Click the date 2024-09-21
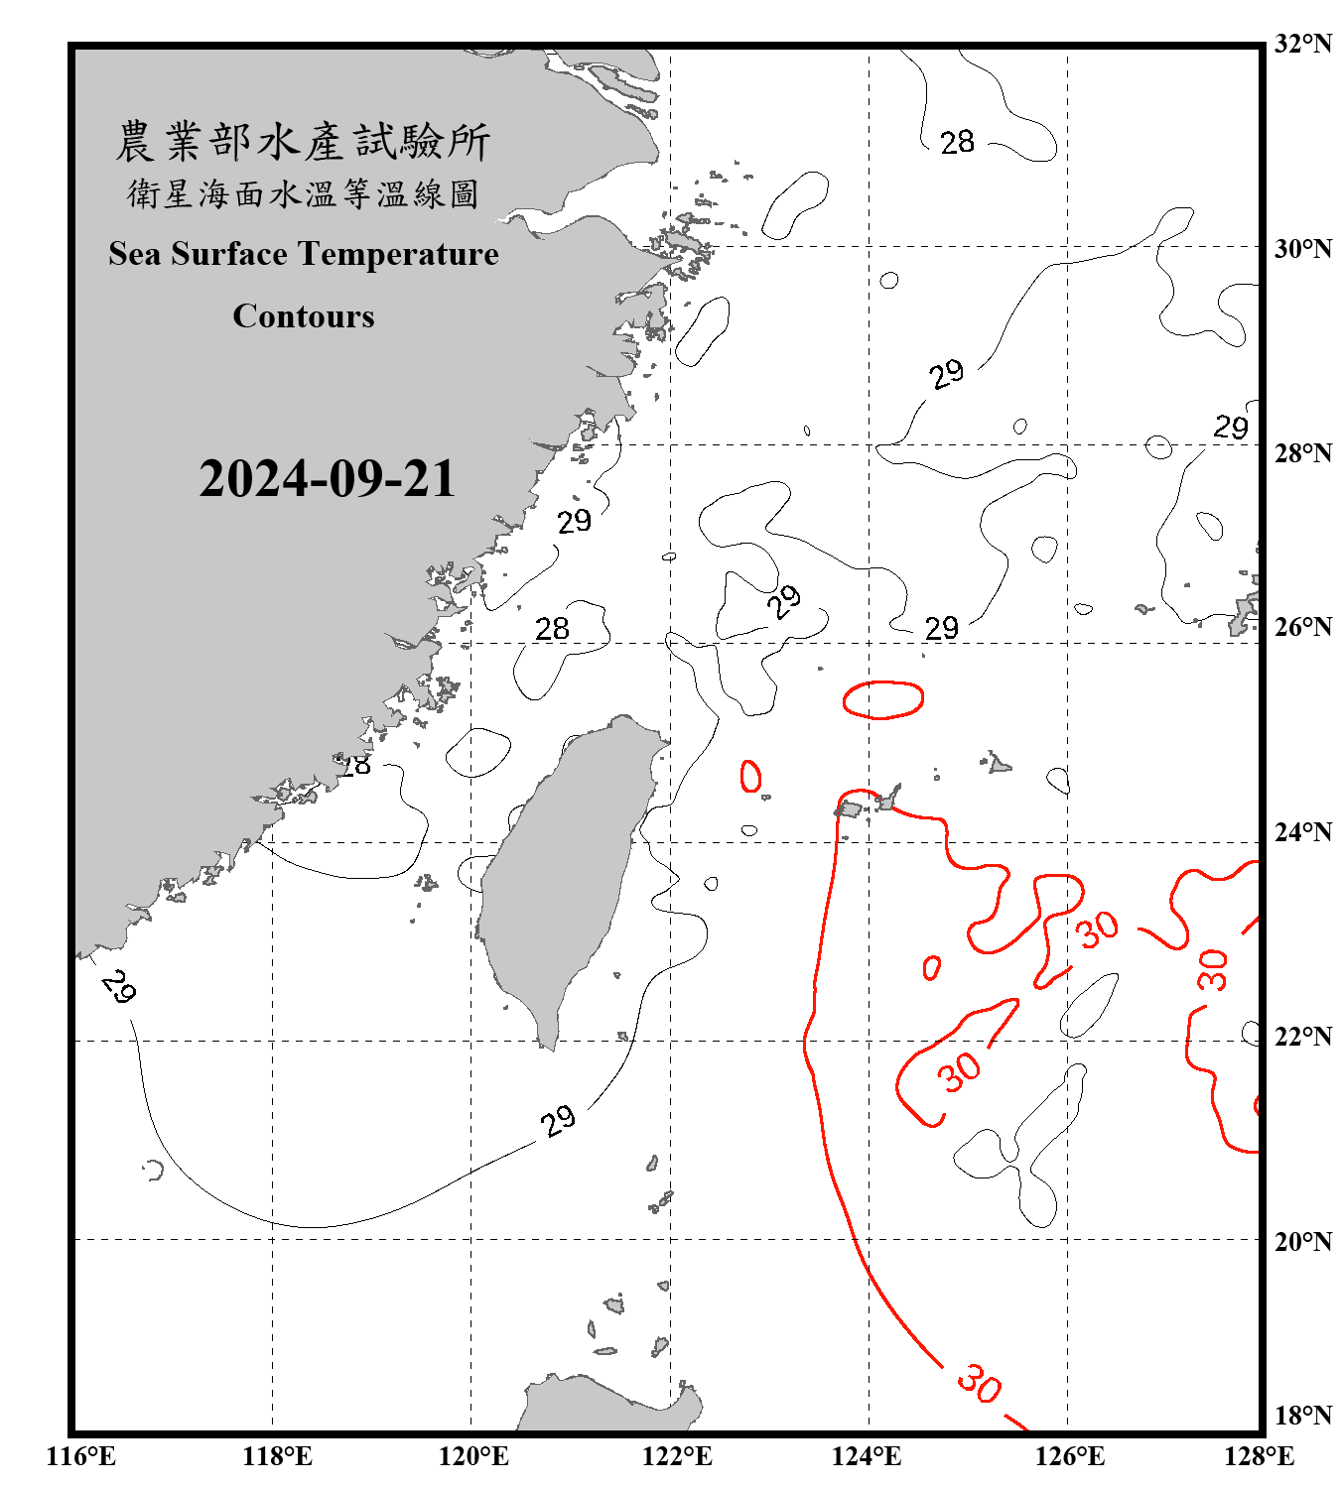point(327,479)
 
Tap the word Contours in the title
point(304,316)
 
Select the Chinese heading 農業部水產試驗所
point(303,142)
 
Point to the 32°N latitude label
point(1302,44)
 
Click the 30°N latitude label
point(1302,249)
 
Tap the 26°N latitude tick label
point(1302,627)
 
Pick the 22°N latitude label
point(1302,1037)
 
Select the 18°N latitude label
point(1302,1416)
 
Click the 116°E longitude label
point(81,1456)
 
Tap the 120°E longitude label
point(473,1456)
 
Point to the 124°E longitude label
point(867,1456)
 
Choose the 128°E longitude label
point(1259,1456)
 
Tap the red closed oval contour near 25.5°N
point(882,699)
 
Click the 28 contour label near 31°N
point(957,143)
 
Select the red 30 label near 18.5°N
point(979,1383)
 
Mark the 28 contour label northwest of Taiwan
point(552,629)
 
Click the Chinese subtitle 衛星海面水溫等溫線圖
point(303,194)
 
